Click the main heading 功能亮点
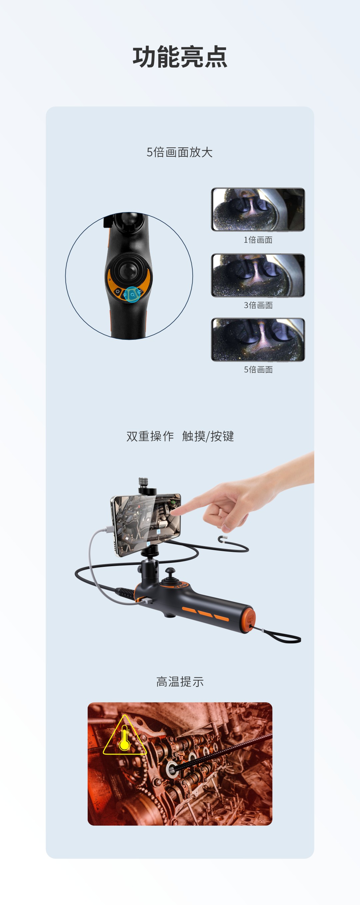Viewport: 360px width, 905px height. [180, 57]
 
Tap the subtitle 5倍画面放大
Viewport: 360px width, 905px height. [179, 152]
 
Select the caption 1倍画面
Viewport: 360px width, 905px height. [258, 240]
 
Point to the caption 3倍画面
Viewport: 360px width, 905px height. [258, 305]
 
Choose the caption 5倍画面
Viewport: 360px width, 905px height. [258, 369]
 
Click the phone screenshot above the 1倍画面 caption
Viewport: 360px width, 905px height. [258, 209]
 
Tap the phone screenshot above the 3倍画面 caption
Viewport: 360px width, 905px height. [258, 275]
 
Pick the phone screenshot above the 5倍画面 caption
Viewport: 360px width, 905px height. [258, 340]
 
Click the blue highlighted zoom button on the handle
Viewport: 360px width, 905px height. [132, 294]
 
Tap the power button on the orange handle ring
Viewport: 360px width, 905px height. [118, 291]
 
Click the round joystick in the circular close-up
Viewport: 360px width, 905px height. [129, 270]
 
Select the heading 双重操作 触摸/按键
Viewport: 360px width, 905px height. [180, 436]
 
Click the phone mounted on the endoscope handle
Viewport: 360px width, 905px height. [146, 524]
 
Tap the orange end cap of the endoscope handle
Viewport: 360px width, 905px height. [248, 619]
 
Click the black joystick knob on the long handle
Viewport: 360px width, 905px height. [170, 571]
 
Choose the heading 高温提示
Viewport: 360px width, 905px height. [180, 682]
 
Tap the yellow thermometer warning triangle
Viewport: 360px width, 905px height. [125, 735]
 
